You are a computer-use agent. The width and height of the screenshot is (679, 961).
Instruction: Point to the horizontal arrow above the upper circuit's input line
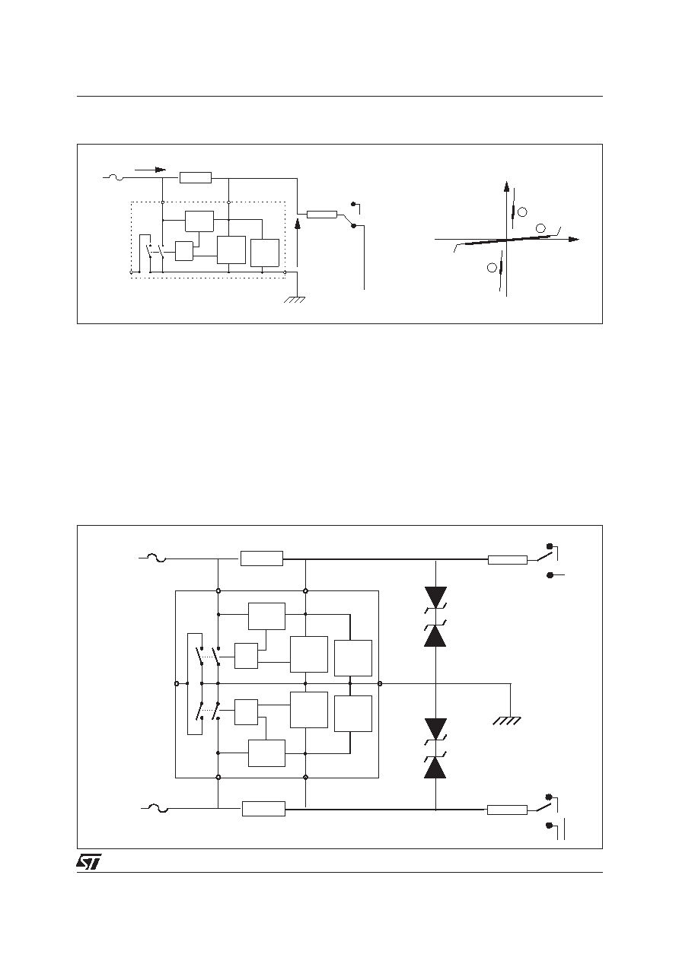coord(150,170)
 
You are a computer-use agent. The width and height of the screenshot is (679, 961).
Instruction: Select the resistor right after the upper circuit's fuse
coord(196,177)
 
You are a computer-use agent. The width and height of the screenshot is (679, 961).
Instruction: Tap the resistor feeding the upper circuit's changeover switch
coord(322,214)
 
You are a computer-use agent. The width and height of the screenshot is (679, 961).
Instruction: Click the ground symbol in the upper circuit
coord(295,300)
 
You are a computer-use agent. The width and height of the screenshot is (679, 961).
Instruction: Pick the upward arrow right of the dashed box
coord(297,243)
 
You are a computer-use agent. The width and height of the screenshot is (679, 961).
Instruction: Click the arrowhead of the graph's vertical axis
coord(506,186)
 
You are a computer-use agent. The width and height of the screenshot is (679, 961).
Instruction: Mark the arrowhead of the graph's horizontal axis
coord(574,240)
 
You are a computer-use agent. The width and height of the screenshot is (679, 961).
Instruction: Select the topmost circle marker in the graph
coord(522,212)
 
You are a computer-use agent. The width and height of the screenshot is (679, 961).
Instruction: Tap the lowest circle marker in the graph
coord(492,268)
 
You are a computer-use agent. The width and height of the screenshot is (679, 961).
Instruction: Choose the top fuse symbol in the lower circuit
coord(156,558)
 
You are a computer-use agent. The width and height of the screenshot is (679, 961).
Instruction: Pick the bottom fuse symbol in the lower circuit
coord(158,808)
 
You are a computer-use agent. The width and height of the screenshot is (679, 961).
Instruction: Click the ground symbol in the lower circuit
coord(507,721)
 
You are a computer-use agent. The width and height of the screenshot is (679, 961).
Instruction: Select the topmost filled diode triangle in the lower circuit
coord(435,597)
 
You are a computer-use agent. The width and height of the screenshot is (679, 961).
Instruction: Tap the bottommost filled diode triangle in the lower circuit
coord(435,768)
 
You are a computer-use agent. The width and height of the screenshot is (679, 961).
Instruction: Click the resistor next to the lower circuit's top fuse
coord(262,558)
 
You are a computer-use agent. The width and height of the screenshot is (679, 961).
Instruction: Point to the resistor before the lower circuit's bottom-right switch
coord(507,810)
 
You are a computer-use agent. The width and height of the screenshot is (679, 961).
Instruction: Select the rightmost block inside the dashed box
coord(265,253)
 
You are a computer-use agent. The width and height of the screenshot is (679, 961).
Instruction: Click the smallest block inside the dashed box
coord(184,251)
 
